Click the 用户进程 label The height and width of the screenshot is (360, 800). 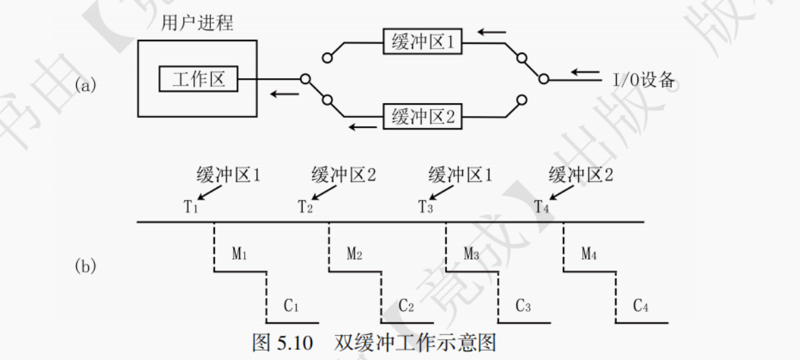point(198,23)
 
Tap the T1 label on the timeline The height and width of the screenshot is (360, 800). point(191,206)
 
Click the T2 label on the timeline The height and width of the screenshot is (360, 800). point(305,206)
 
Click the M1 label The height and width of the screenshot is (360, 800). point(240,254)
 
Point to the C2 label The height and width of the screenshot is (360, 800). point(406,305)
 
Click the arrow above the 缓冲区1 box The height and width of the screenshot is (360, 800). point(490,30)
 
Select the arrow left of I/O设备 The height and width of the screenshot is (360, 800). point(584,72)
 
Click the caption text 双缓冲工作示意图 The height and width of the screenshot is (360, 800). point(414,343)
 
